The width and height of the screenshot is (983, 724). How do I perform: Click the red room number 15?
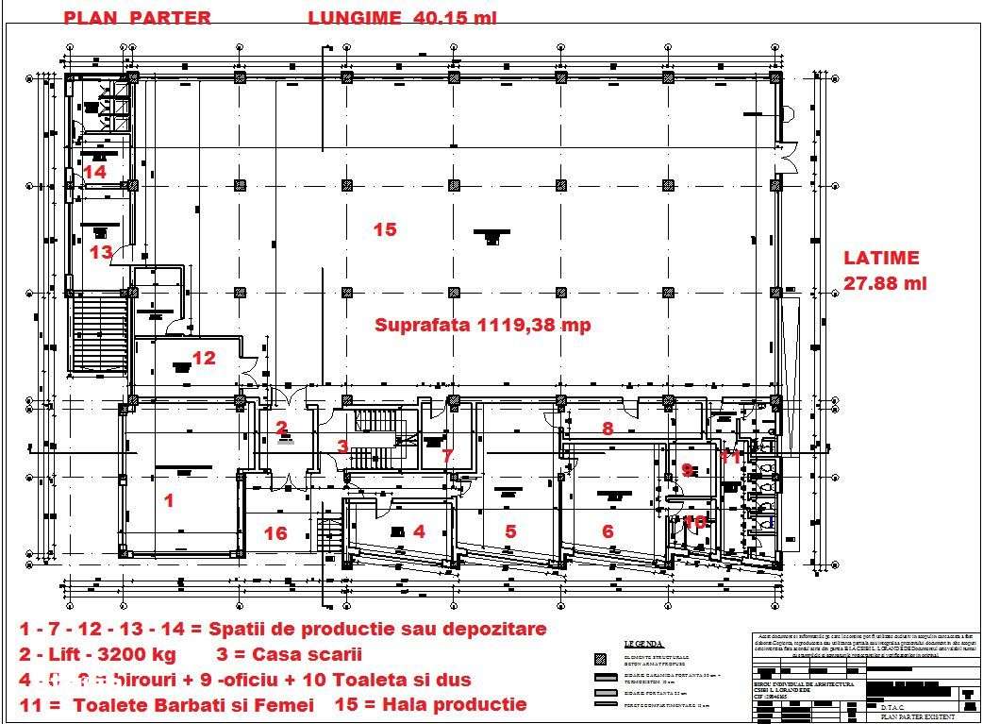(x=384, y=229)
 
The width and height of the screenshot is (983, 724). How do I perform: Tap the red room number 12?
(x=204, y=358)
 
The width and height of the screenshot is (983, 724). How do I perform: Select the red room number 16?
(x=275, y=533)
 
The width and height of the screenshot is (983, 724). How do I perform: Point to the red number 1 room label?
(x=169, y=501)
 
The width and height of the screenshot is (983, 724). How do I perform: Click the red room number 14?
(x=94, y=172)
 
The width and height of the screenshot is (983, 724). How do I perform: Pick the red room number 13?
(x=101, y=252)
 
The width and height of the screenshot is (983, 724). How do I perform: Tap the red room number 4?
(x=419, y=531)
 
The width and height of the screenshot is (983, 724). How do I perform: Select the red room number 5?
(x=510, y=531)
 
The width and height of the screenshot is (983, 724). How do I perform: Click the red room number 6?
(x=608, y=531)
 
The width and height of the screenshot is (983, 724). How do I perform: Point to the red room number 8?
(x=608, y=429)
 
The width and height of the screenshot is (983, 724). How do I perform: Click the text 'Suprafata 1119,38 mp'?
(x=483, y=325)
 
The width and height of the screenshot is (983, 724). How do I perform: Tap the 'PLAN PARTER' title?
(x=137, y=17)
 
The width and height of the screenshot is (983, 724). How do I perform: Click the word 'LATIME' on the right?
(x=881, y=258)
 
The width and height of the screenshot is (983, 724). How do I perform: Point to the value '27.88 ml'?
(x=885, y=283)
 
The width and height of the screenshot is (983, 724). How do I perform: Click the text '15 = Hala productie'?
(x=445, y=704)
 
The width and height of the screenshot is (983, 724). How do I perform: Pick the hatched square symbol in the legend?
(x=600, y=659)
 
